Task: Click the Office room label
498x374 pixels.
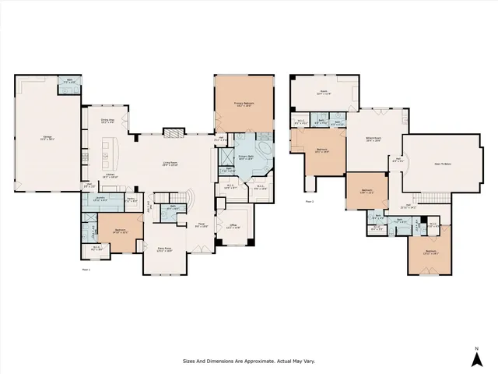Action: tap(233, 227)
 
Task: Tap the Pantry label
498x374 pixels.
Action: tap(133, 200)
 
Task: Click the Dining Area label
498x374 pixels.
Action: tap(107, 120)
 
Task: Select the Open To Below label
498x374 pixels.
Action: tap(444, 164)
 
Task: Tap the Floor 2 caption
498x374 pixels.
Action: tap(310, 201)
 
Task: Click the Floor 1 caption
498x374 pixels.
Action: tap(86, 268)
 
